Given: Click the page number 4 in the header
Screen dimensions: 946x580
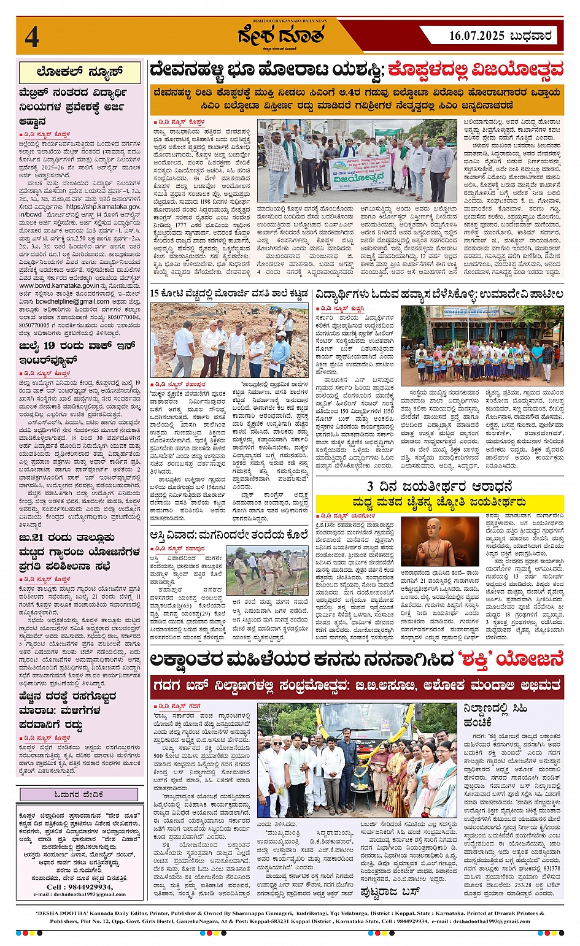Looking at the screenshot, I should click(32, 36).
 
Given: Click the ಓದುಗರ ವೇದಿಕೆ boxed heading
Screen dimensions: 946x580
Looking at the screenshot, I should click(79, 794).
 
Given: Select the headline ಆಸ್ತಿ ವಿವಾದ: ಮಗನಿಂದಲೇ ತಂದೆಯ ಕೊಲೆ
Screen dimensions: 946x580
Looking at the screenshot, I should click(229, 534).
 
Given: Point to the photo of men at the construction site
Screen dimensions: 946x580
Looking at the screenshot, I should click(230, 340).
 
